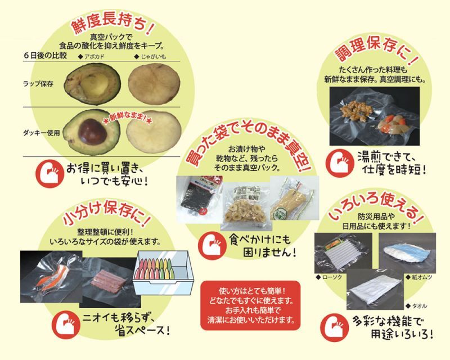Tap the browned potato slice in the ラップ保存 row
click(154, 83)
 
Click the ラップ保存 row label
click(38, 84)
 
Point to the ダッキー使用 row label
click(42, 133)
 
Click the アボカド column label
click(91, 57)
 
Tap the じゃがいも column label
click(150, 57)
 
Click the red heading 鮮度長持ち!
click(112, 24)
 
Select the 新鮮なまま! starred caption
click(128, 118)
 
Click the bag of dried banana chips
click(246, 207)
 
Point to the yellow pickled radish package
click(294, 198)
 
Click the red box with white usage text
click(250, 305)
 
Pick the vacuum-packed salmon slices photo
click(51, 277)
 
